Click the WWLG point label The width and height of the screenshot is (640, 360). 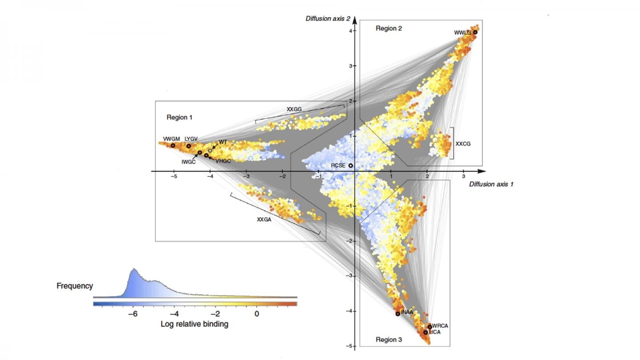(462, 32)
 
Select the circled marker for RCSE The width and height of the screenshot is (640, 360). (351, 165)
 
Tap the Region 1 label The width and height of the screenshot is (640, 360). (180, 117)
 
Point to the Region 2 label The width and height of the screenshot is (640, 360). (389, 28)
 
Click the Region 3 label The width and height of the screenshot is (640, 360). (389, 340)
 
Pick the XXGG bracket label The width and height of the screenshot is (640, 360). (294, 109)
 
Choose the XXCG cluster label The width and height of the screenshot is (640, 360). (463, 144)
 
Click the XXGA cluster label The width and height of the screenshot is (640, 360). (264, 219)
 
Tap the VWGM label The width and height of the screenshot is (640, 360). (171, 139)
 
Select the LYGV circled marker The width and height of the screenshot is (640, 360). (188, 146)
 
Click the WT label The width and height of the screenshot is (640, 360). (223, 142)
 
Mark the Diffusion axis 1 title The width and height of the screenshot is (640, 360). (491, 184)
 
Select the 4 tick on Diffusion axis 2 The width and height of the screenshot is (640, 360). (350, 31)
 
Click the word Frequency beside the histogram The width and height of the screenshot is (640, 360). (75, 286)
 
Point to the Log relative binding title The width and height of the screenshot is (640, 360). (195, 324)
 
